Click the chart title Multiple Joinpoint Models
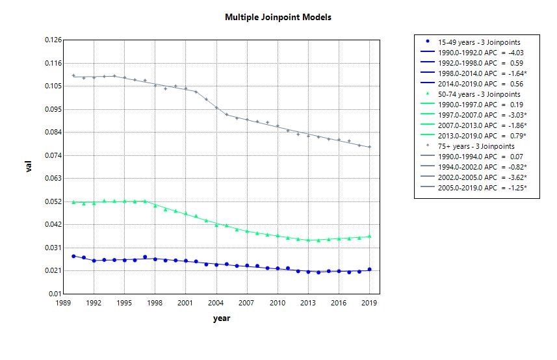pyautogui.click(x=278, y=17)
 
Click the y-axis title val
pyautogui.click(x=29, y=167)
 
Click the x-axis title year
pyautogui.click(x=221, y=318)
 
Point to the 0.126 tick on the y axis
pyautogui.click(x=53, y=40)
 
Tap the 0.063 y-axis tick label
pyautogui.click(x=53, y=178)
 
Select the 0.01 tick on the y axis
pyautogui.click(x=55, y=294)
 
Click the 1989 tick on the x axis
pyautogui.click(x=63, y=303)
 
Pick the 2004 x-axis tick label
pyautogui.click(x=216, y=303)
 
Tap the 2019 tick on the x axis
pyautogui.click(x=369, y=303)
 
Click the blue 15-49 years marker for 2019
pyautogui.click(x=369, y=270)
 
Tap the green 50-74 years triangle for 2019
pyautogui.click(x=369, y=236)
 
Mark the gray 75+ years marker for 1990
pyautogui.click(x=73, y=76)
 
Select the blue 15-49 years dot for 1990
pyautogui.click(x=73, y=256)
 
